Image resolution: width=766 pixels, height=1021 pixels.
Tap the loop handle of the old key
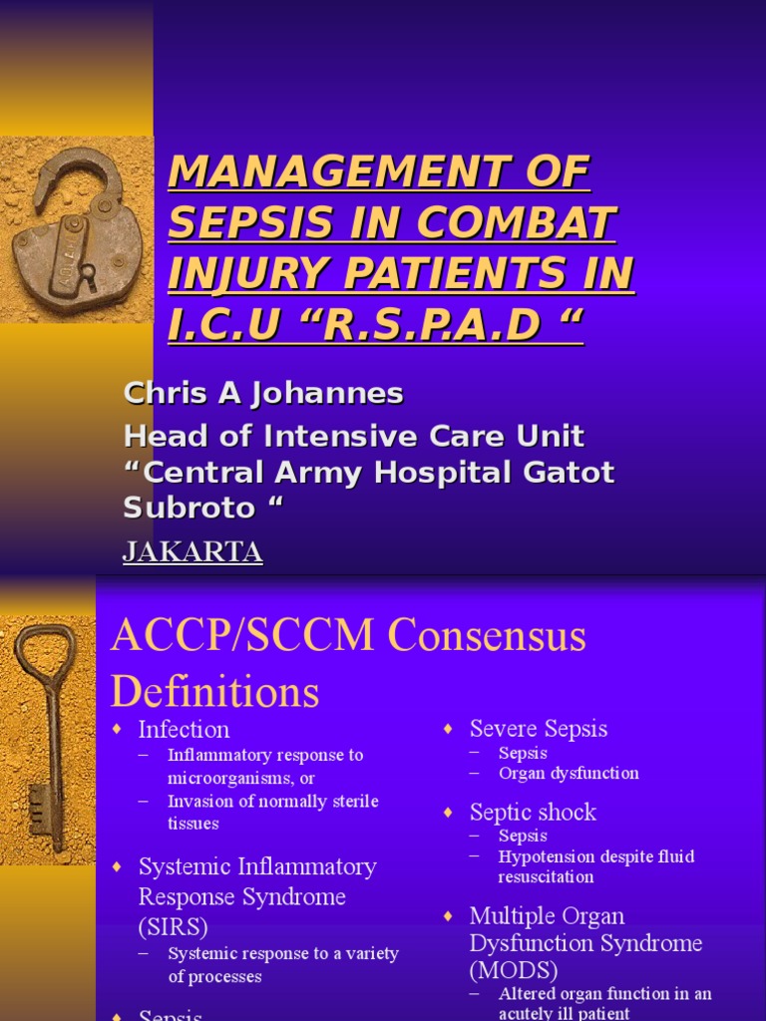tap(44, 653)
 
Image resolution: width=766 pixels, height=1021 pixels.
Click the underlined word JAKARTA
tap(192, 551)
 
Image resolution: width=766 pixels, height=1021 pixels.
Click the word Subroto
tap(189, 508)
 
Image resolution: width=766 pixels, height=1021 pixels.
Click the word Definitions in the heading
tap(214, 690)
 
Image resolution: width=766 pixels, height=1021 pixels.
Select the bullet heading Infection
tap(184, 729)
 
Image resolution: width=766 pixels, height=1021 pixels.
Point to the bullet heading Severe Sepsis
tap(538, 729)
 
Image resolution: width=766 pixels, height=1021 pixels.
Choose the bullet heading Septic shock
tap(533, 813)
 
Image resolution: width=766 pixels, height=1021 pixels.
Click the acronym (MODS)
tap(514, 970)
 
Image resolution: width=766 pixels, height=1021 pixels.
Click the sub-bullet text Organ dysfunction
tap(569, 774)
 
